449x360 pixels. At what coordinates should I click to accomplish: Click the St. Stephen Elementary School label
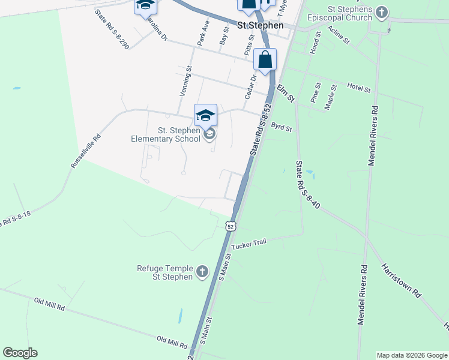[166, 134]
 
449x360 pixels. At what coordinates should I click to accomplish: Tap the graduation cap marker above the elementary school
[205, 114]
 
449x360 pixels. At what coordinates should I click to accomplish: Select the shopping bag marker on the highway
[265, 59]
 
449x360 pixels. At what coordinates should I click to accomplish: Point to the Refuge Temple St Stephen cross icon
[202, 272]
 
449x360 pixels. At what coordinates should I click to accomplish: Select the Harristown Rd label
[400, 280]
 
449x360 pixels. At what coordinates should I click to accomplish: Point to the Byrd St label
[281, 128]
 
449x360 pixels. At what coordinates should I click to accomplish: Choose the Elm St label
[286, 93]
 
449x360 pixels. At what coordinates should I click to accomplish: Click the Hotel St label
[359, 88]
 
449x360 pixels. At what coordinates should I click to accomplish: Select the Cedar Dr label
[250, 87]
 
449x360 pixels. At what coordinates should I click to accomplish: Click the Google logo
[20, 353]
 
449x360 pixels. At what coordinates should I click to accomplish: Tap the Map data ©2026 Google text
[412, 355]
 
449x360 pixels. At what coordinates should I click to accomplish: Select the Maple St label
[330, 96]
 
